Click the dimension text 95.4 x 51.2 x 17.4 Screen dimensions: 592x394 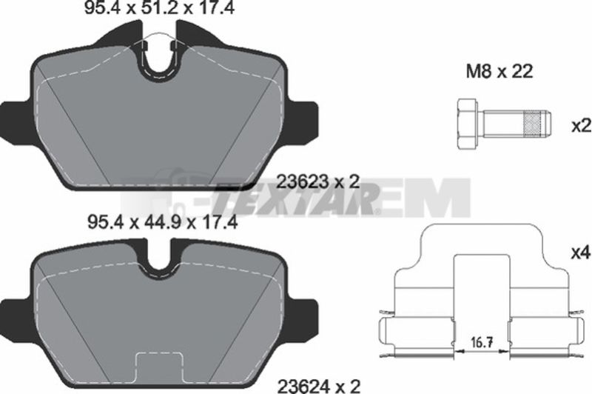pos(159,7)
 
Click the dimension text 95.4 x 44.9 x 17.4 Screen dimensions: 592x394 pos(162,222)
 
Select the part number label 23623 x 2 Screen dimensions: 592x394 pos(317,181)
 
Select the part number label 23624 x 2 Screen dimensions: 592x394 pos(319,386)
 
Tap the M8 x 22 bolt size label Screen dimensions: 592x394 pos(499,71)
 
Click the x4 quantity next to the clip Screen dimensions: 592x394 pos(581,253)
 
